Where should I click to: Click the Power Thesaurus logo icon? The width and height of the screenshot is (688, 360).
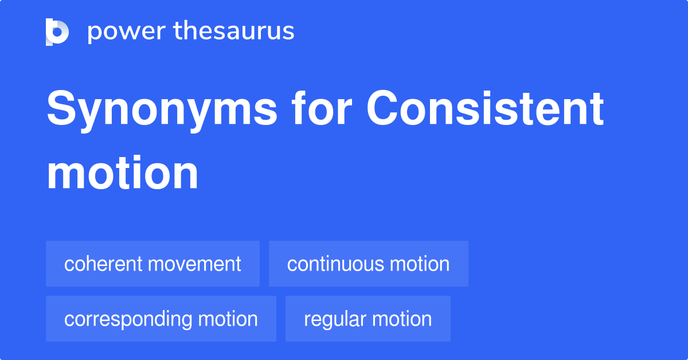coord(57,32)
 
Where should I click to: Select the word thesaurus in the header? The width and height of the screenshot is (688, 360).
coord(234,32)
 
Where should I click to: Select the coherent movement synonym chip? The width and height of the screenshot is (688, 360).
coord(153,264)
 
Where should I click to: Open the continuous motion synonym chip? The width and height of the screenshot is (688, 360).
coord(368,264)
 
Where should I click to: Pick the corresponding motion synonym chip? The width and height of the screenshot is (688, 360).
coord(161,319)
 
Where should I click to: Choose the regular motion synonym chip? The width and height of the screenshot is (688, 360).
coord(368,319)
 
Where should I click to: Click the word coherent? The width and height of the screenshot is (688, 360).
coord(103,264)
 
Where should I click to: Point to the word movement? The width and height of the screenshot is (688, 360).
coord(194,264)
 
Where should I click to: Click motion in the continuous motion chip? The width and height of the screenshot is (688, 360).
coord(420,264)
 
